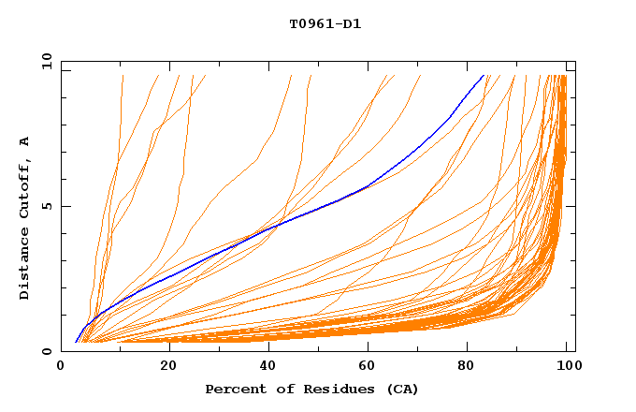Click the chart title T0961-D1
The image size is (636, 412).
coord(325,24)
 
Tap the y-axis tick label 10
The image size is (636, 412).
coord(46,62)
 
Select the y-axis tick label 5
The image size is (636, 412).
coord(46,206)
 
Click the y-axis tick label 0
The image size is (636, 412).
coord(46,351)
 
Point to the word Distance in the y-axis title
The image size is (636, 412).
coord(25,265)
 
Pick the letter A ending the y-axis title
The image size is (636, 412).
coord(25,141)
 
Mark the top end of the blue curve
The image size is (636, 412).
coord(484,75)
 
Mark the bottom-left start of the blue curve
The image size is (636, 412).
coord(76,342)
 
